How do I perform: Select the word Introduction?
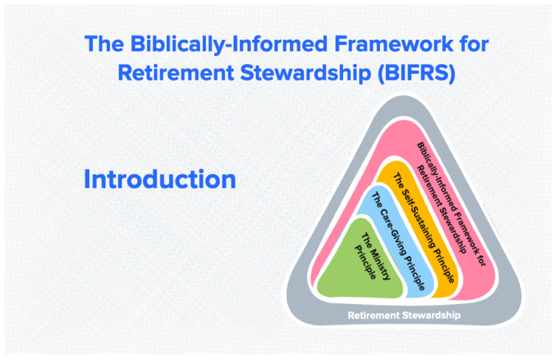(x=160, y=179)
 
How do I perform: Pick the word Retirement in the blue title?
(x=171, y=74)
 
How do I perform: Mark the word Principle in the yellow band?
(x=443, y=262)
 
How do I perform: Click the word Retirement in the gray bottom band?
(x=375, y=316)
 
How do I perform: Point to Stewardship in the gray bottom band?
(x=432, y=316)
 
